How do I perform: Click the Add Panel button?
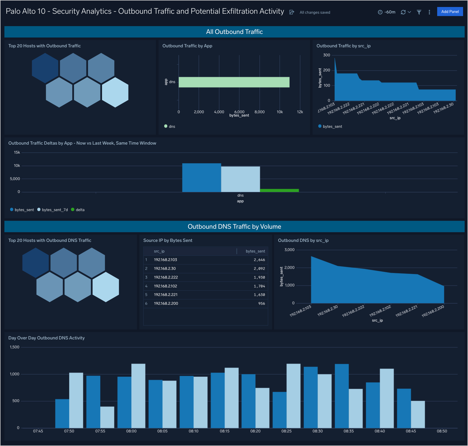pos(450,12)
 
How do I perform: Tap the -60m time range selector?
pos(387,12)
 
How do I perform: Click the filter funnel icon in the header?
pos(419,12)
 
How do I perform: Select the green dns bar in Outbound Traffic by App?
pos(234,82)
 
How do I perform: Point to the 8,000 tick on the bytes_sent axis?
pos(259,112)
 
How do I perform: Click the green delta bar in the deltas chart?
pos(279,190)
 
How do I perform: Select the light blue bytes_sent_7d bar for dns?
pos(240,179)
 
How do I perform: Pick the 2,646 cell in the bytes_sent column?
pos(259,260)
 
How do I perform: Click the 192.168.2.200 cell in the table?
pos(166,303)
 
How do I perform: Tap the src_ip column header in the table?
pos(159,251)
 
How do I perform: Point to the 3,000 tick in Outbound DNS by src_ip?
pos(289,250)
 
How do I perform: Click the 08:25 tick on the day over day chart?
pos(286,431)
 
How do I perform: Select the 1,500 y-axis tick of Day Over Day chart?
pos(15,347)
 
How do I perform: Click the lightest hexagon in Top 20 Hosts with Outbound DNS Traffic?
pos(106,287)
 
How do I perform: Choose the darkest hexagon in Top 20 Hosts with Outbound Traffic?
pos(45,68)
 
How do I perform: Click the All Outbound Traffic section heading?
pos(234,32)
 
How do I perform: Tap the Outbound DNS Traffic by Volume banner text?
pos(234,227)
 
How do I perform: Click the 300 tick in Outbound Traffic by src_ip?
pos(327,55)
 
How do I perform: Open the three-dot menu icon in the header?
pos(429,12)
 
